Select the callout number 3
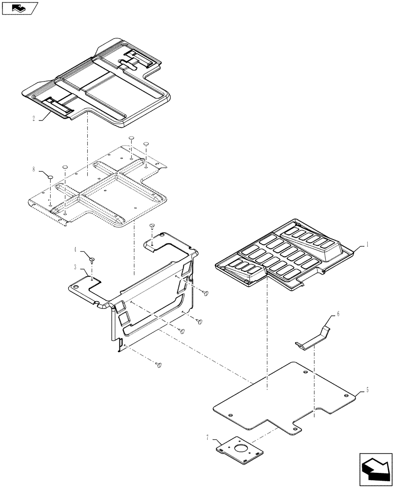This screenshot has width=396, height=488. (x=75, y=267)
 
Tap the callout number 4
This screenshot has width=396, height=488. (x=75, y=249)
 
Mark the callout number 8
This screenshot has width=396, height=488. (x=34, y=169)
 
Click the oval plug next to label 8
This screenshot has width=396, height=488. (x=50, y=175)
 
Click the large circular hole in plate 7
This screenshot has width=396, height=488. (x=240, y=449)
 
